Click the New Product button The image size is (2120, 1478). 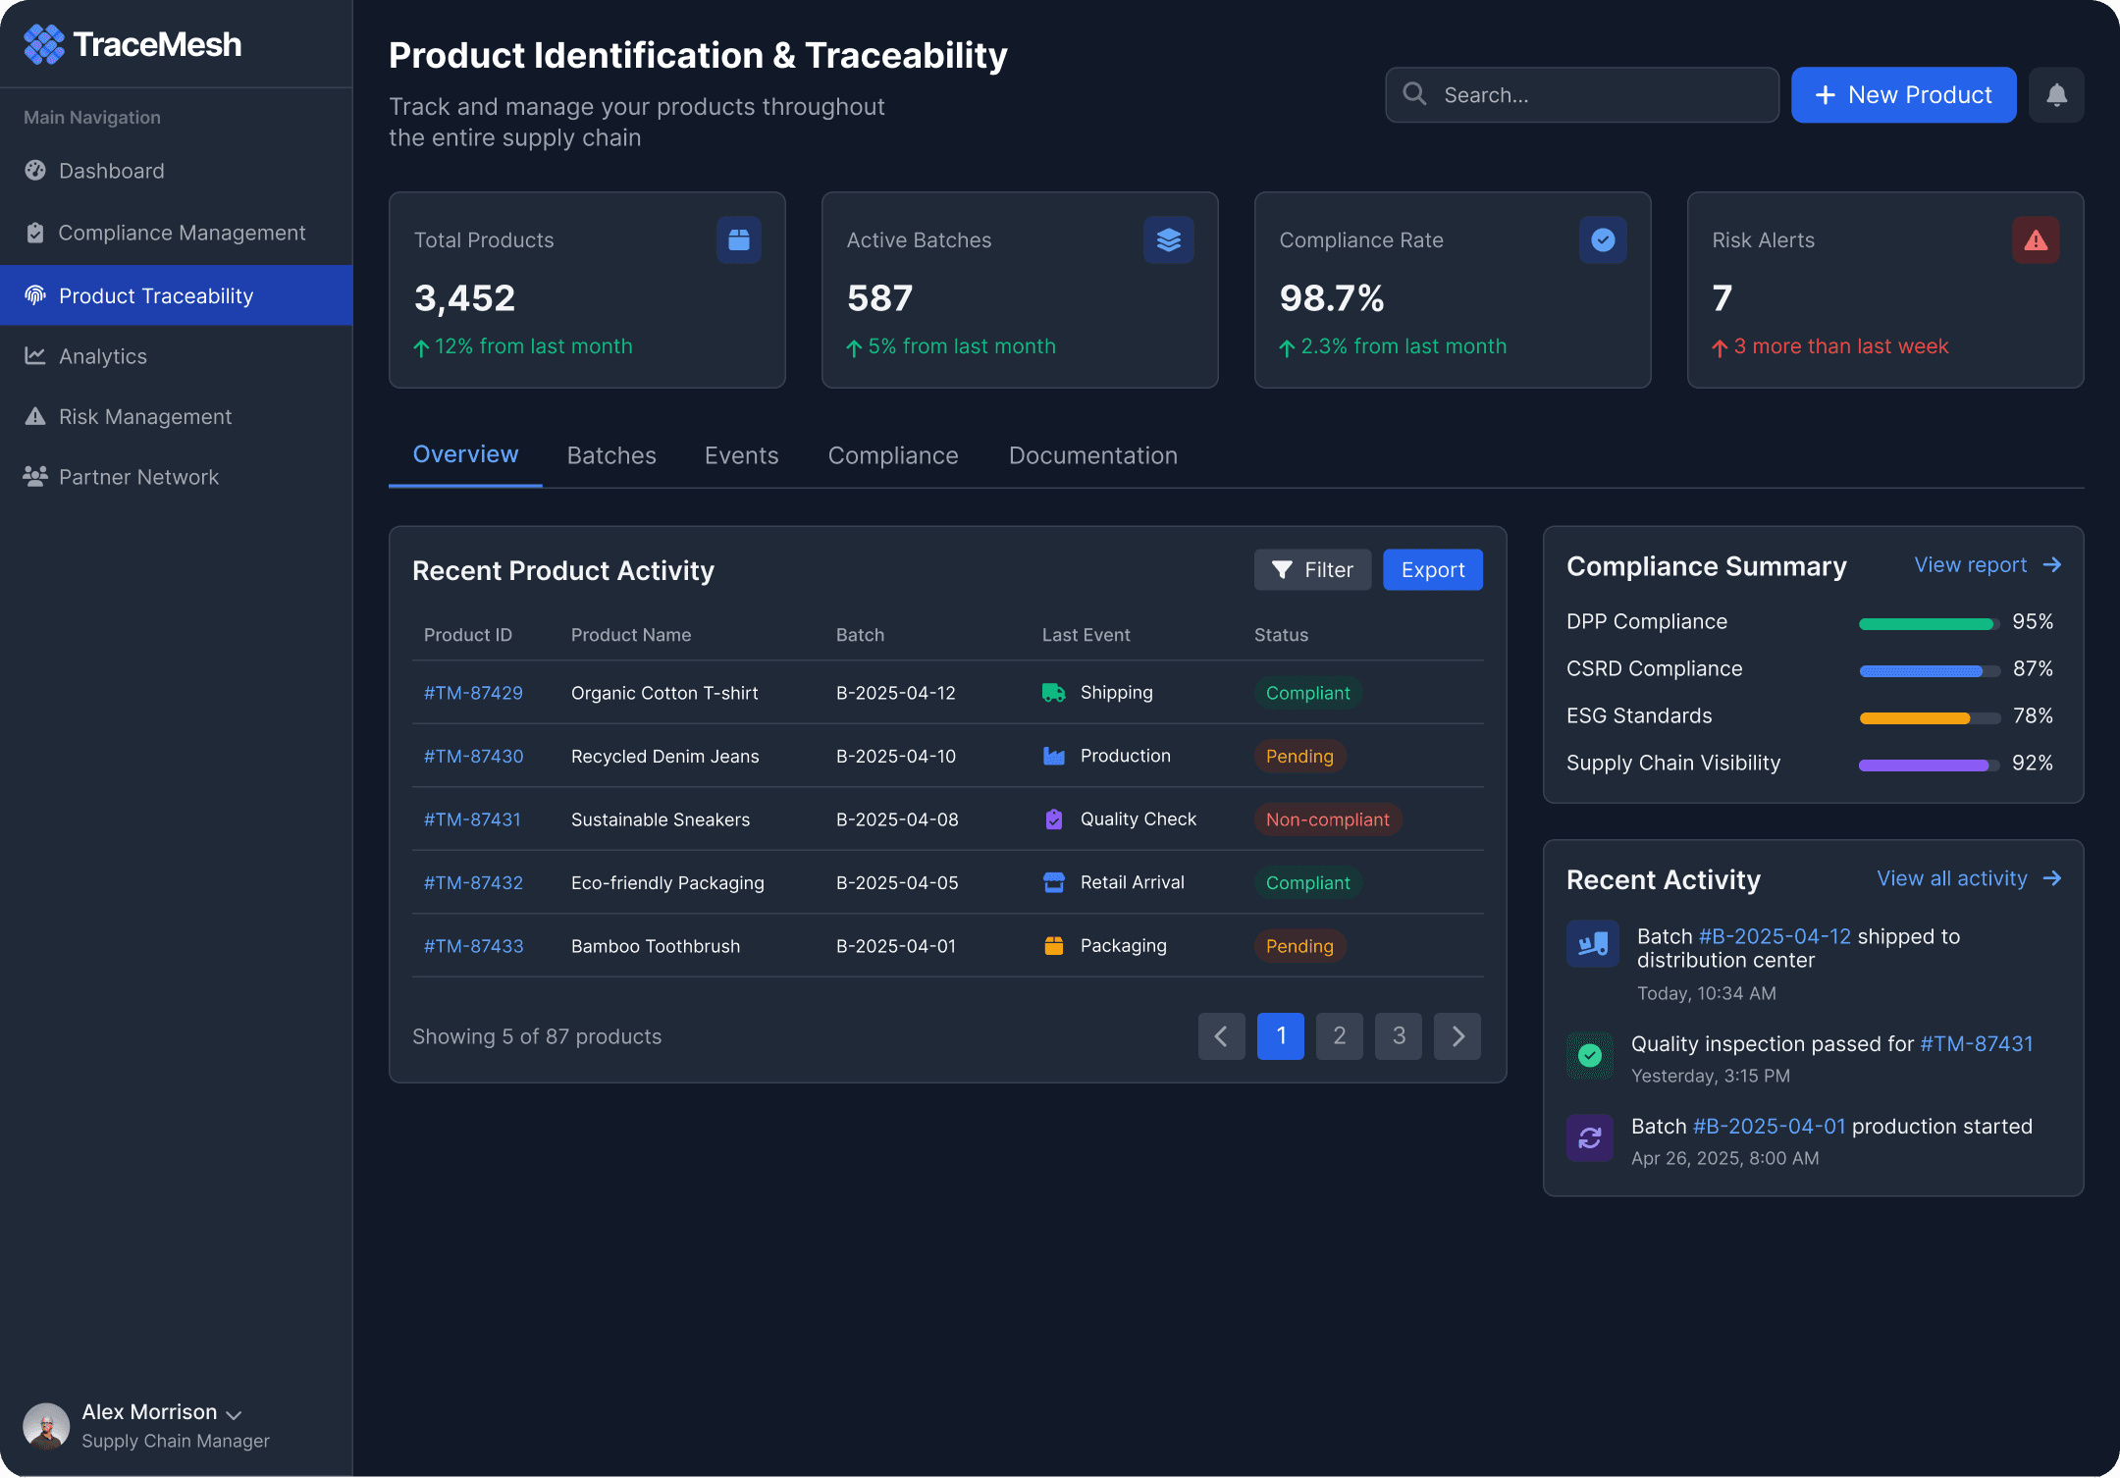tap(1903, 95)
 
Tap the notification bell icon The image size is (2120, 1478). tap(2056, 95)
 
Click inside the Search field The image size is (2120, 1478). tap(1581, 95)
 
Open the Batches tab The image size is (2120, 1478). tap(611, 455)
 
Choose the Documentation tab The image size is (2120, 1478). tap(1093, 455)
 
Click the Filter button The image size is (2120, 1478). tap(1312, 570)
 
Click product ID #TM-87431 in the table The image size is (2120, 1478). tap(472, 819)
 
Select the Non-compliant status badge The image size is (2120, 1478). tap(1328, 819)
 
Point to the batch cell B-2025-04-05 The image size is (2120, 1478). tap(897, 882)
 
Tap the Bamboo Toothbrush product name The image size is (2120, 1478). tap(656, 946)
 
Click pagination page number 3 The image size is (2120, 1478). tap(1399, 1036)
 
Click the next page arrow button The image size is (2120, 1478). tap(1457, 1036)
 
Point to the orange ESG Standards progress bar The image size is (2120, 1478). tap(1915, 718)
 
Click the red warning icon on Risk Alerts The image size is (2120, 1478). tap(2036, 239)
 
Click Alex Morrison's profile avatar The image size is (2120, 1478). tap(46, 1426)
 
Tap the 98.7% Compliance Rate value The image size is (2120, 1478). tap(1332, 298)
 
